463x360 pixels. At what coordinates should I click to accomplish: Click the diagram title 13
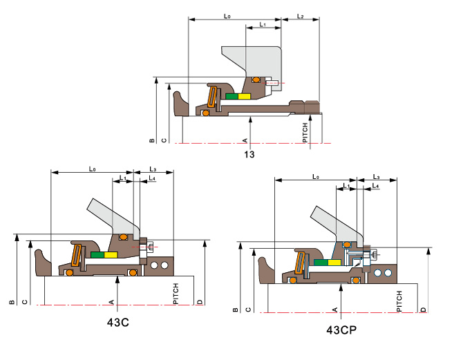click(249, 154)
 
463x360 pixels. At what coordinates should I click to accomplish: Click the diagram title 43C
click(117, 322)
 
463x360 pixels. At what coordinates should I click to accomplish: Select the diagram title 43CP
click(341, 330)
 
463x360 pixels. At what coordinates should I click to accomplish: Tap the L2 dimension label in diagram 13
click(301, 17)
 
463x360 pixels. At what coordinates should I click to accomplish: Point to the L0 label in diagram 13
click(227, 17)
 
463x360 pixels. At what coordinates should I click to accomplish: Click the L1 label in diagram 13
click(263, 24)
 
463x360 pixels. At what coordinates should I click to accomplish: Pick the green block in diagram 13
click(232, 96)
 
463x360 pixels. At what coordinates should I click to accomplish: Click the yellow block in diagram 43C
click(111, 255)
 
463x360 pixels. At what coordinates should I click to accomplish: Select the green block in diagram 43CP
click(321, 263)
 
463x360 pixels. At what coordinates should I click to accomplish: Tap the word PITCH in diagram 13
click(305, 133)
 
